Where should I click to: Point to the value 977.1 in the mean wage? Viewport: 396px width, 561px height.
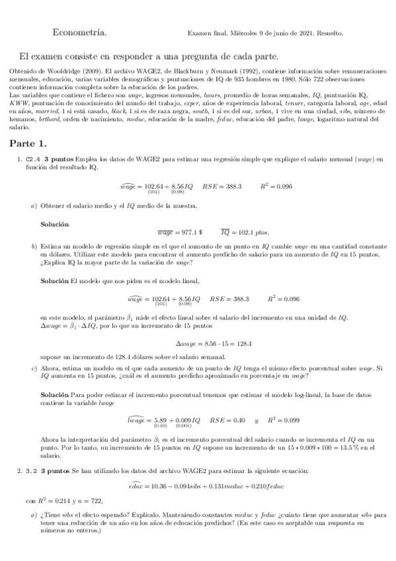[x=188, y=233]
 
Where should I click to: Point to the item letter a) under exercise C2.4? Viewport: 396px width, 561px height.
[x=34, y=206]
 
